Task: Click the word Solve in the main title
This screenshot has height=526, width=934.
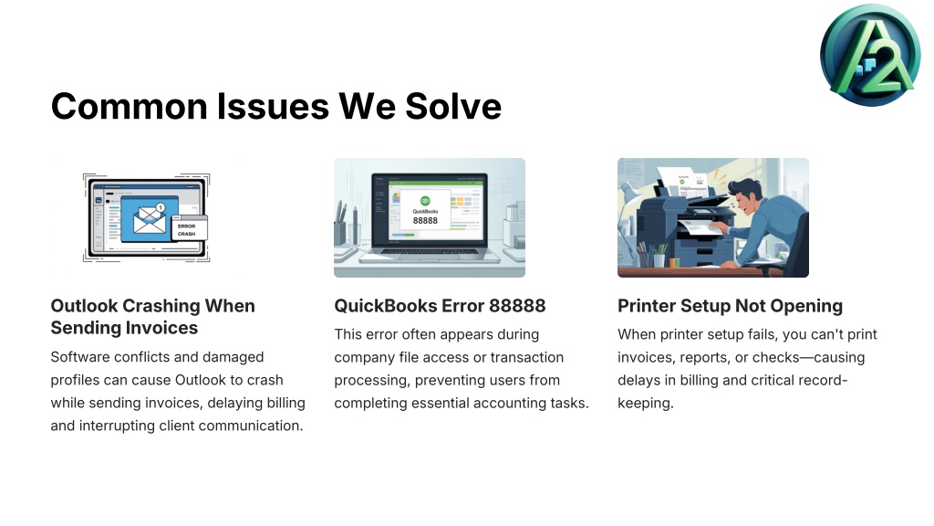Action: tap(453, 106)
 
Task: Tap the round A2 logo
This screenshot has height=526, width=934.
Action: tap(870, 56)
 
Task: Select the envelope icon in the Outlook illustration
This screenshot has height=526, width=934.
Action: tap(150, 219)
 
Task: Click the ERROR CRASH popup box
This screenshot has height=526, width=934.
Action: tap(190, 228)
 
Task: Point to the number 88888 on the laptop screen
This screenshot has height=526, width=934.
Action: tap(425, 221)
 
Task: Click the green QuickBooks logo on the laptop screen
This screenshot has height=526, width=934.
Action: tap(425, 201)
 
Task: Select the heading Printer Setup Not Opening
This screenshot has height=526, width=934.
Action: tap(730, 306)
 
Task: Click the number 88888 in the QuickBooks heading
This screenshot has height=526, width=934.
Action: tap(517, 306)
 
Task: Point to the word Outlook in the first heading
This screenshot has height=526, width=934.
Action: tap(84, 306)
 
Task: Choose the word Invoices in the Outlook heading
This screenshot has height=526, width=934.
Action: tap(161, 328)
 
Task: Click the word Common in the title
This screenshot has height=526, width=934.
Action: tap(129, 106)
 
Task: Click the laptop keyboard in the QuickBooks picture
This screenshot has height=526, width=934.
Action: tap(430, 251)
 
